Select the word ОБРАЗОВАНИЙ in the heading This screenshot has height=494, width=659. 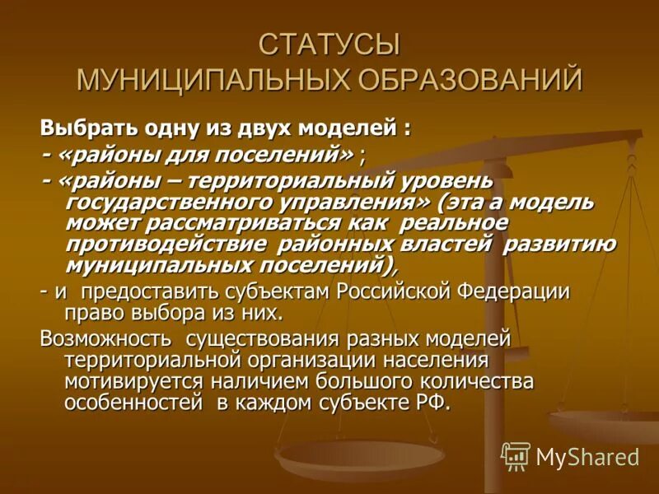click(x=469, y=80)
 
